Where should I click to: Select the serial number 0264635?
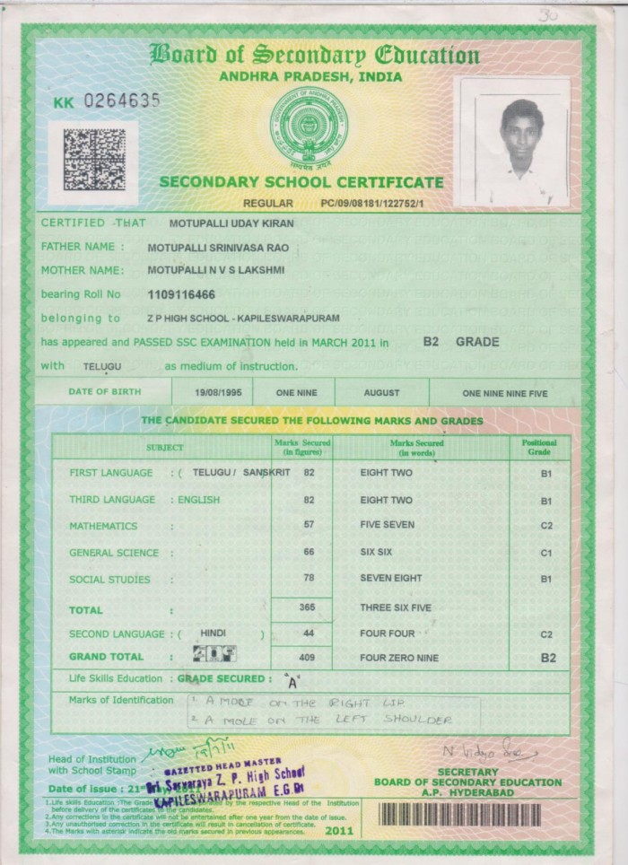click(x=121, y=100)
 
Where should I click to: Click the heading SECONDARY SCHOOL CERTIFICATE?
click(x=301, y=182)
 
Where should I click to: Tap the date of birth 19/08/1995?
click(x=211, y=392)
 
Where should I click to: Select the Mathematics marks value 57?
click(x=308, y=526)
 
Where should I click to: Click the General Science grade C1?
click(x=545, y=553)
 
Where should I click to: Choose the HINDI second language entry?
click(x=214, y=633)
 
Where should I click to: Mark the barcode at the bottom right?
click(x=475, y=815)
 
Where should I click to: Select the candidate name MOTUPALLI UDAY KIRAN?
click(x=223, y=222)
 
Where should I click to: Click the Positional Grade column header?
click(x=539, y=447)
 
